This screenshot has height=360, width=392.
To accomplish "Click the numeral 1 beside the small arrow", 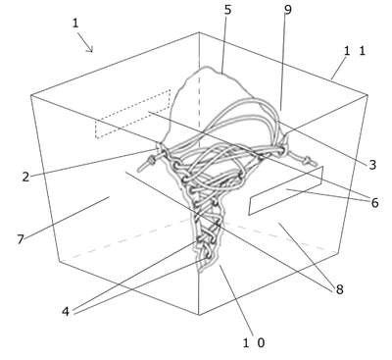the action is coord(75,24).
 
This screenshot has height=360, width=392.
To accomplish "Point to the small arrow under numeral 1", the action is coord(86,44).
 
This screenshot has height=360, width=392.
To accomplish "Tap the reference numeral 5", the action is coord(227,10).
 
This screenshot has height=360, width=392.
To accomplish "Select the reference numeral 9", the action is coord(287,10).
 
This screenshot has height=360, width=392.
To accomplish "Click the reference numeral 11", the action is coord(355,51).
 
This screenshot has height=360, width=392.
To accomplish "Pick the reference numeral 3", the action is coord(372,165).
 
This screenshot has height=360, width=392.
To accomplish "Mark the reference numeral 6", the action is coord(374,203).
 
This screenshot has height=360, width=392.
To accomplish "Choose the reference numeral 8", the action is coord(340,289).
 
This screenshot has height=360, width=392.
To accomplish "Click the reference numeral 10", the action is coord(254,342).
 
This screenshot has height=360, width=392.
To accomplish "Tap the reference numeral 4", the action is coord(66,312).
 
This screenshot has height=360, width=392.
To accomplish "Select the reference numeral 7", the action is coord(21,239).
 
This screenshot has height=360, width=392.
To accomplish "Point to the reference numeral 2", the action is coord(25,177).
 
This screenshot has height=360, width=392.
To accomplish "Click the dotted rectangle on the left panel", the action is coord(133,114).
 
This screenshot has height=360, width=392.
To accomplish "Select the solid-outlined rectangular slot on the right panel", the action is coord(286,190).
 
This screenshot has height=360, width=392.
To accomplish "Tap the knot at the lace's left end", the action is coord(151,161).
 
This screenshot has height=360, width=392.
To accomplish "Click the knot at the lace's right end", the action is coord(307,161).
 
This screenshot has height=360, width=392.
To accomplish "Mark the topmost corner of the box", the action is coord(199,32).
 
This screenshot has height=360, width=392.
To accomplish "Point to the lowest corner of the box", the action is coord(199,315).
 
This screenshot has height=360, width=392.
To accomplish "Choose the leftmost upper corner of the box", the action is coord(31,95).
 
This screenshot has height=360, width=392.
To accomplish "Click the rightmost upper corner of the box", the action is coord(367,95).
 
